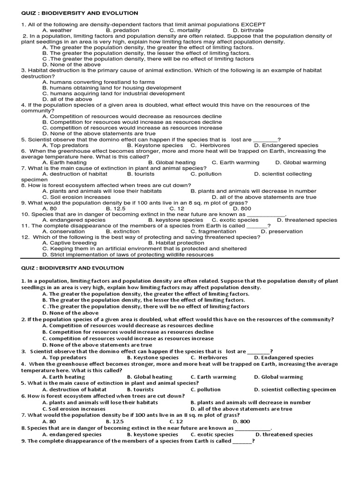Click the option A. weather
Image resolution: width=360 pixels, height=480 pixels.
coord(57,30)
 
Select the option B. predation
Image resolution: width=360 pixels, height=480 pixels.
coord(122,30)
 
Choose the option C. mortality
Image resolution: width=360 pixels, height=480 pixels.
coord(185,30)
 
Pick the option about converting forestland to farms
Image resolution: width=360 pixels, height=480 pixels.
coord(98,82)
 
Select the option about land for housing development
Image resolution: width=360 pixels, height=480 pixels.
coord(112,88)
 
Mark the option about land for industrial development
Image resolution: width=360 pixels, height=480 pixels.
coord(113,93)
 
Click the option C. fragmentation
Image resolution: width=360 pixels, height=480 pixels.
coord(213,231)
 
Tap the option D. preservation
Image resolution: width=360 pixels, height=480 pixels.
coord(282,231)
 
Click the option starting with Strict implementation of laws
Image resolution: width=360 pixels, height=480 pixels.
coord(127,255)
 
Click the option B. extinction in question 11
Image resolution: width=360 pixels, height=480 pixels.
coord(122,231)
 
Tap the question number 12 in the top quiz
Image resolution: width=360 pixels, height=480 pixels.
coord(25,237)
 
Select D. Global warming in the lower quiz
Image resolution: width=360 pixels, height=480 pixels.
coord(278,377)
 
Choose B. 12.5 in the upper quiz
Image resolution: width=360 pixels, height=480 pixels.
coord(115,209)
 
